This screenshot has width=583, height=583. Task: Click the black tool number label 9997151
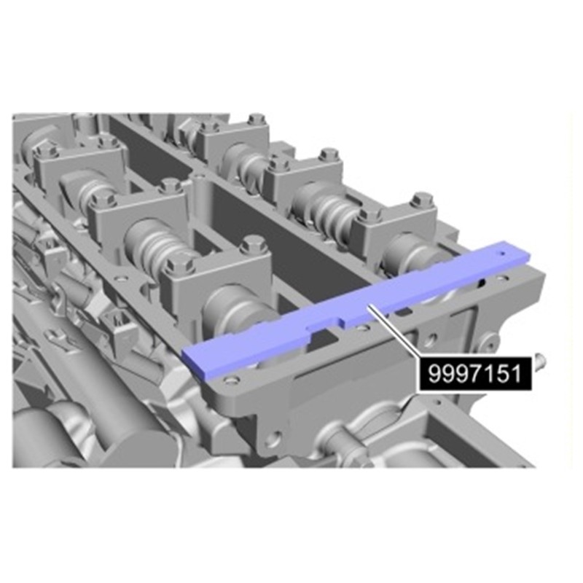coord(475,374)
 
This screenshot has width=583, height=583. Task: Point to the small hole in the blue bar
coord(503,254)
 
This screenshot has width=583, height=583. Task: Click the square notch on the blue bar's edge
coord(341,321)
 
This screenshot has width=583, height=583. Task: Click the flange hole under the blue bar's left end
coord(231,380)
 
